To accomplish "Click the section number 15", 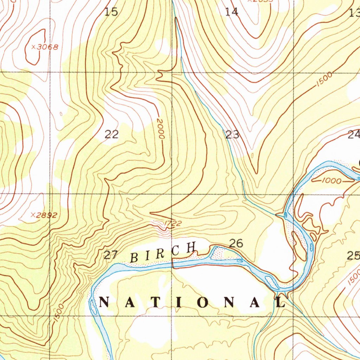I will tap(111, 12).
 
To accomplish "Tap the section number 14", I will tap(232, 12).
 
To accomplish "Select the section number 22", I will tap(111, 134).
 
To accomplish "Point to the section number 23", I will tap(232, 134).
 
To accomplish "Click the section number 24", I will tap(354, 134).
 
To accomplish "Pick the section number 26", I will tap(236, 243).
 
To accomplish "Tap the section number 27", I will tap(110, 255).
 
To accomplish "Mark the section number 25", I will tap(354, 256).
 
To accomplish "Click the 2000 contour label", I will tap(161, 130).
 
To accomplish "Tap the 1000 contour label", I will tap(331, 181).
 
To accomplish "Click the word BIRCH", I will tap(163, 252).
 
